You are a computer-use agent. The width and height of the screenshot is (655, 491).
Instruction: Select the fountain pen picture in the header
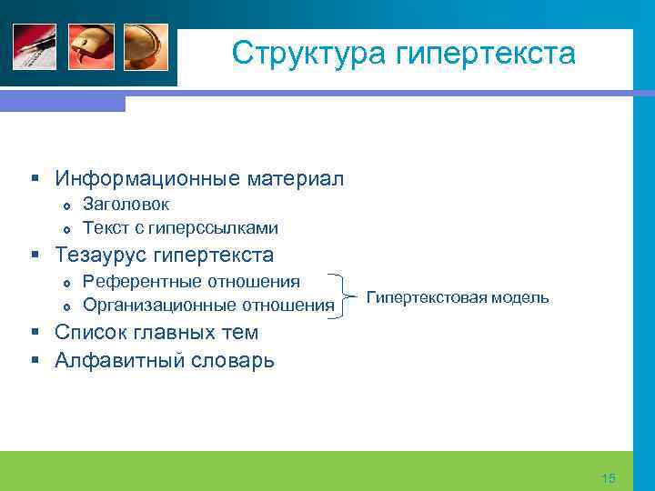[35, 45]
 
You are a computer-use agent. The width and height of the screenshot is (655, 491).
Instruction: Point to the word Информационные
[147, 177]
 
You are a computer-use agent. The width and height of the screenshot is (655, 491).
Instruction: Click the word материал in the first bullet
[296, 177]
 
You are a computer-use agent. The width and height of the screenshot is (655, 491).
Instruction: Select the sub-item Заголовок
[126, 205]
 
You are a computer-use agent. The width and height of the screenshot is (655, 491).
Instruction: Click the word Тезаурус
[101, 255]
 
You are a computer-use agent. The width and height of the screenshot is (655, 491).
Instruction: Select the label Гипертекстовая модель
[457, 297]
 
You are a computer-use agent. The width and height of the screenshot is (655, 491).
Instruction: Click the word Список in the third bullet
[90, 333]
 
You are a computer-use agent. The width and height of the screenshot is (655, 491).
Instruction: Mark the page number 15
[609, 478]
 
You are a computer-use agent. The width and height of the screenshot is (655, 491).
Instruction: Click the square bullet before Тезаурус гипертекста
[34, 256]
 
